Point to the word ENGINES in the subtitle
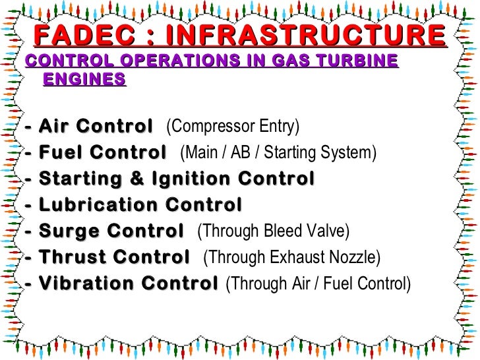84,80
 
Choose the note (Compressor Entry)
232,126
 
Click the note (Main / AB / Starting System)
278,153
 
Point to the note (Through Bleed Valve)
273,231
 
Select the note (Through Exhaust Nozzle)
292,258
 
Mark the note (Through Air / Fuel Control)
318,284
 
